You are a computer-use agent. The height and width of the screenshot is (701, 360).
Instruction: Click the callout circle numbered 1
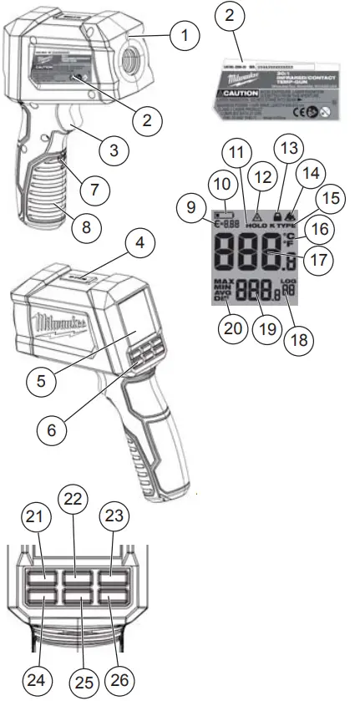tap(185, 36)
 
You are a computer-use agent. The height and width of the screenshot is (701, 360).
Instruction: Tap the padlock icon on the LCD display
tap(276, 215)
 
